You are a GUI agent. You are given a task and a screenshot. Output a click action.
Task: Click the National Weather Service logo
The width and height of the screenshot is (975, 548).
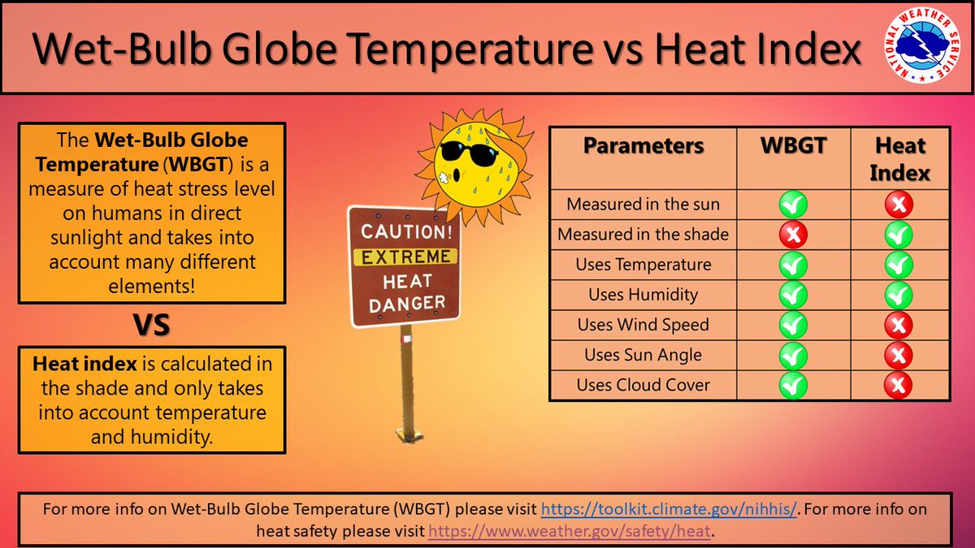(922, 45)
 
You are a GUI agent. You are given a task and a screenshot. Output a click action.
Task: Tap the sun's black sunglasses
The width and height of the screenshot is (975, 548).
(470, 153)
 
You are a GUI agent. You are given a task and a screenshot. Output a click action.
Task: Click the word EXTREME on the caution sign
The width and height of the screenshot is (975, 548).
(405, 257)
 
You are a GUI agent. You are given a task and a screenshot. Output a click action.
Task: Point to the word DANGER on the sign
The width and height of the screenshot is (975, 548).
(407, 303)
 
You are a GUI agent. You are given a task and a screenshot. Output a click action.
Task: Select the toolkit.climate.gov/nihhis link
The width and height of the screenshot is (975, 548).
(669, 509)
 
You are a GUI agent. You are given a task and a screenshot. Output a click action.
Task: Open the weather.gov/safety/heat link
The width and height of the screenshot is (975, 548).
(570, 531)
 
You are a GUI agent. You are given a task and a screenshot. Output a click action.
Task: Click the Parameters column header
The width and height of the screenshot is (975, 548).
(643, 145)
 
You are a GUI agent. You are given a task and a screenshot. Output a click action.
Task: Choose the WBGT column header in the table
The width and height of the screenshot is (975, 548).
(793, 145)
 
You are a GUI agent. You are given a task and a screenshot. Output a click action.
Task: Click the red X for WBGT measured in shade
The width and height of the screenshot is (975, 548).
(793, 235)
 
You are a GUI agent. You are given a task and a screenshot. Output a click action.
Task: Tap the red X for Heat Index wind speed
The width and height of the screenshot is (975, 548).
(899, 325)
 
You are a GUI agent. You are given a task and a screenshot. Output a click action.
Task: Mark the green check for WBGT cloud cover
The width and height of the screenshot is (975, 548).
(793, 386)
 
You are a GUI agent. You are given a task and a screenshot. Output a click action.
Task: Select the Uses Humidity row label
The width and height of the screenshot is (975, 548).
(643, 295)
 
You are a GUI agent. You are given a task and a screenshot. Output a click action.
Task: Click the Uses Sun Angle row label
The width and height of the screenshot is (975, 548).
(643, 355)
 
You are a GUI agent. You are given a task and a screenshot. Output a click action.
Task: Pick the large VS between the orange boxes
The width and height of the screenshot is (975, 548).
(151, 325)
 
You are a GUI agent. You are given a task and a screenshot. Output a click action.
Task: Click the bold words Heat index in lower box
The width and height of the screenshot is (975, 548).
(84, 364)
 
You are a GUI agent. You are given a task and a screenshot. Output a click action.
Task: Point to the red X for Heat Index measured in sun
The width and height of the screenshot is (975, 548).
(899, 205)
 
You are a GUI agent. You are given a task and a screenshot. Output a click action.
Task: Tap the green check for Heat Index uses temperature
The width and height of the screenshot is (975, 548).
(899, 265)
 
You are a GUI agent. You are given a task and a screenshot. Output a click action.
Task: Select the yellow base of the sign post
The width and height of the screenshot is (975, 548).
(409, 434)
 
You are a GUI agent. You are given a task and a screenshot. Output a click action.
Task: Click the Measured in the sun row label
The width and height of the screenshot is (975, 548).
(643, 204)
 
